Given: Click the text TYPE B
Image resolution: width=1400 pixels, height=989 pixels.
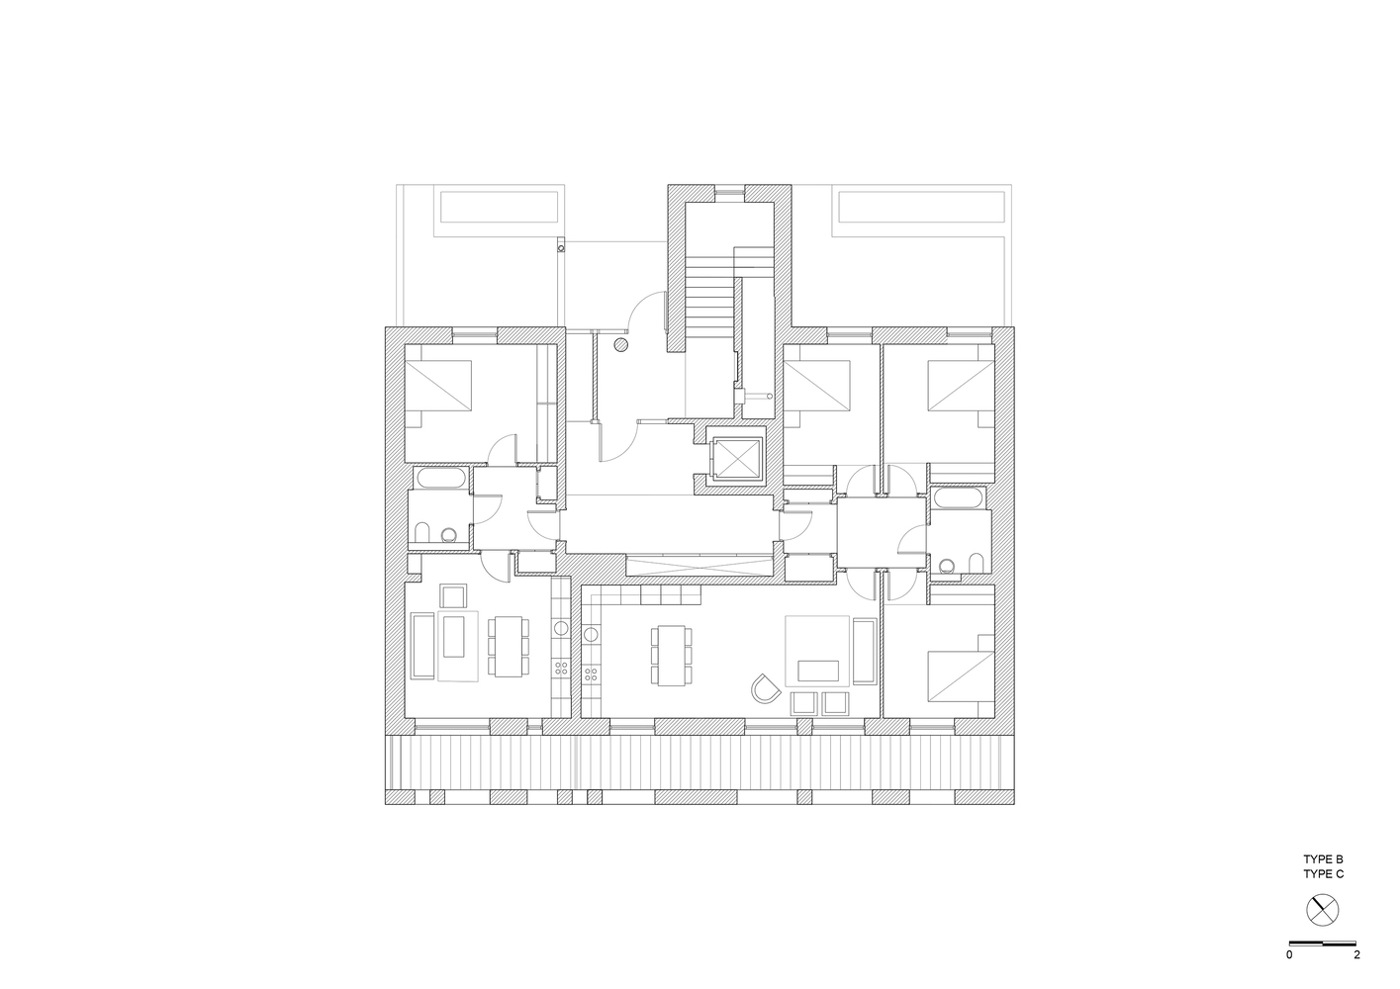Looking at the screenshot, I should pos(1323,860).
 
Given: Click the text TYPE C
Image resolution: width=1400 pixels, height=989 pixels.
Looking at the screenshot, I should pos(1323,874).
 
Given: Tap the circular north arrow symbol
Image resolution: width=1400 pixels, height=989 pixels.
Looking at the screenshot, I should pos(1323,908).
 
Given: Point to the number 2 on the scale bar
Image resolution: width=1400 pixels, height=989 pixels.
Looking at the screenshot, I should pos(1356,955).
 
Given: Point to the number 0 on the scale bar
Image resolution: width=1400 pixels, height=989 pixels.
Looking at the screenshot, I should pos(1289,955).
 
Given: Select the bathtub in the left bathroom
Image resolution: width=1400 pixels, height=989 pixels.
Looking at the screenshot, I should pos(441,481).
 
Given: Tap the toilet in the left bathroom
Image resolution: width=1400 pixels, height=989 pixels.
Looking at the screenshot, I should pos(420,535).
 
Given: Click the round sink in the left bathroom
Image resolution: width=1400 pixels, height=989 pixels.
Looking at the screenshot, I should pos(450,535).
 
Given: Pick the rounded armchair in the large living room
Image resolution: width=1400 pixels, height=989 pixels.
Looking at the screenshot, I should pos(765,686).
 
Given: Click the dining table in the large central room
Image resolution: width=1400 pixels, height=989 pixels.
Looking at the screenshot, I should pos(670,655).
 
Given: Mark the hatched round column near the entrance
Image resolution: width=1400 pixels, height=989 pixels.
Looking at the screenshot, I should pos(621,345).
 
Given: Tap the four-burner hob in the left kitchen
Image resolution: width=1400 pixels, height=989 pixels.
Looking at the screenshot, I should pos(562,669).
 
